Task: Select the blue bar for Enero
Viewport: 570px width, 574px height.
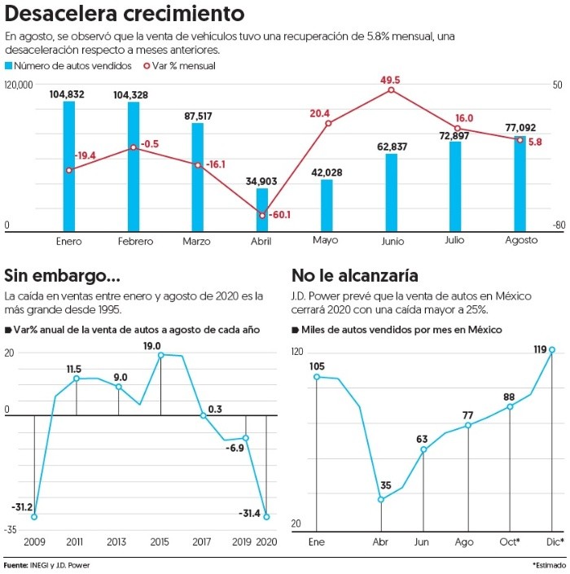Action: tap(69, 166)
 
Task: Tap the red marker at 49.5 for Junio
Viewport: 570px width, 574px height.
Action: tap(391, 90)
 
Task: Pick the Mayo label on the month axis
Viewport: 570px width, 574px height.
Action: tap(325, 241)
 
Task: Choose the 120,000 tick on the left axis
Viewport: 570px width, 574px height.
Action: tap(18, 85)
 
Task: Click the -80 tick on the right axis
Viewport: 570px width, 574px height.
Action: tap(558, 226)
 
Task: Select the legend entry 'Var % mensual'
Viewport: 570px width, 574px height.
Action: tap(179, 66)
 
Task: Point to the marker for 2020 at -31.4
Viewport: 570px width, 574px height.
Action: tap(266, 516)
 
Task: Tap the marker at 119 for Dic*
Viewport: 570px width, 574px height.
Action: tap(552, 350)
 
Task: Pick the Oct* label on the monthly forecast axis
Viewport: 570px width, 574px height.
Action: tap(509, 542)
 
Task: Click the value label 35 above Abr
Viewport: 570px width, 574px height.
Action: tap(385, 486)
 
